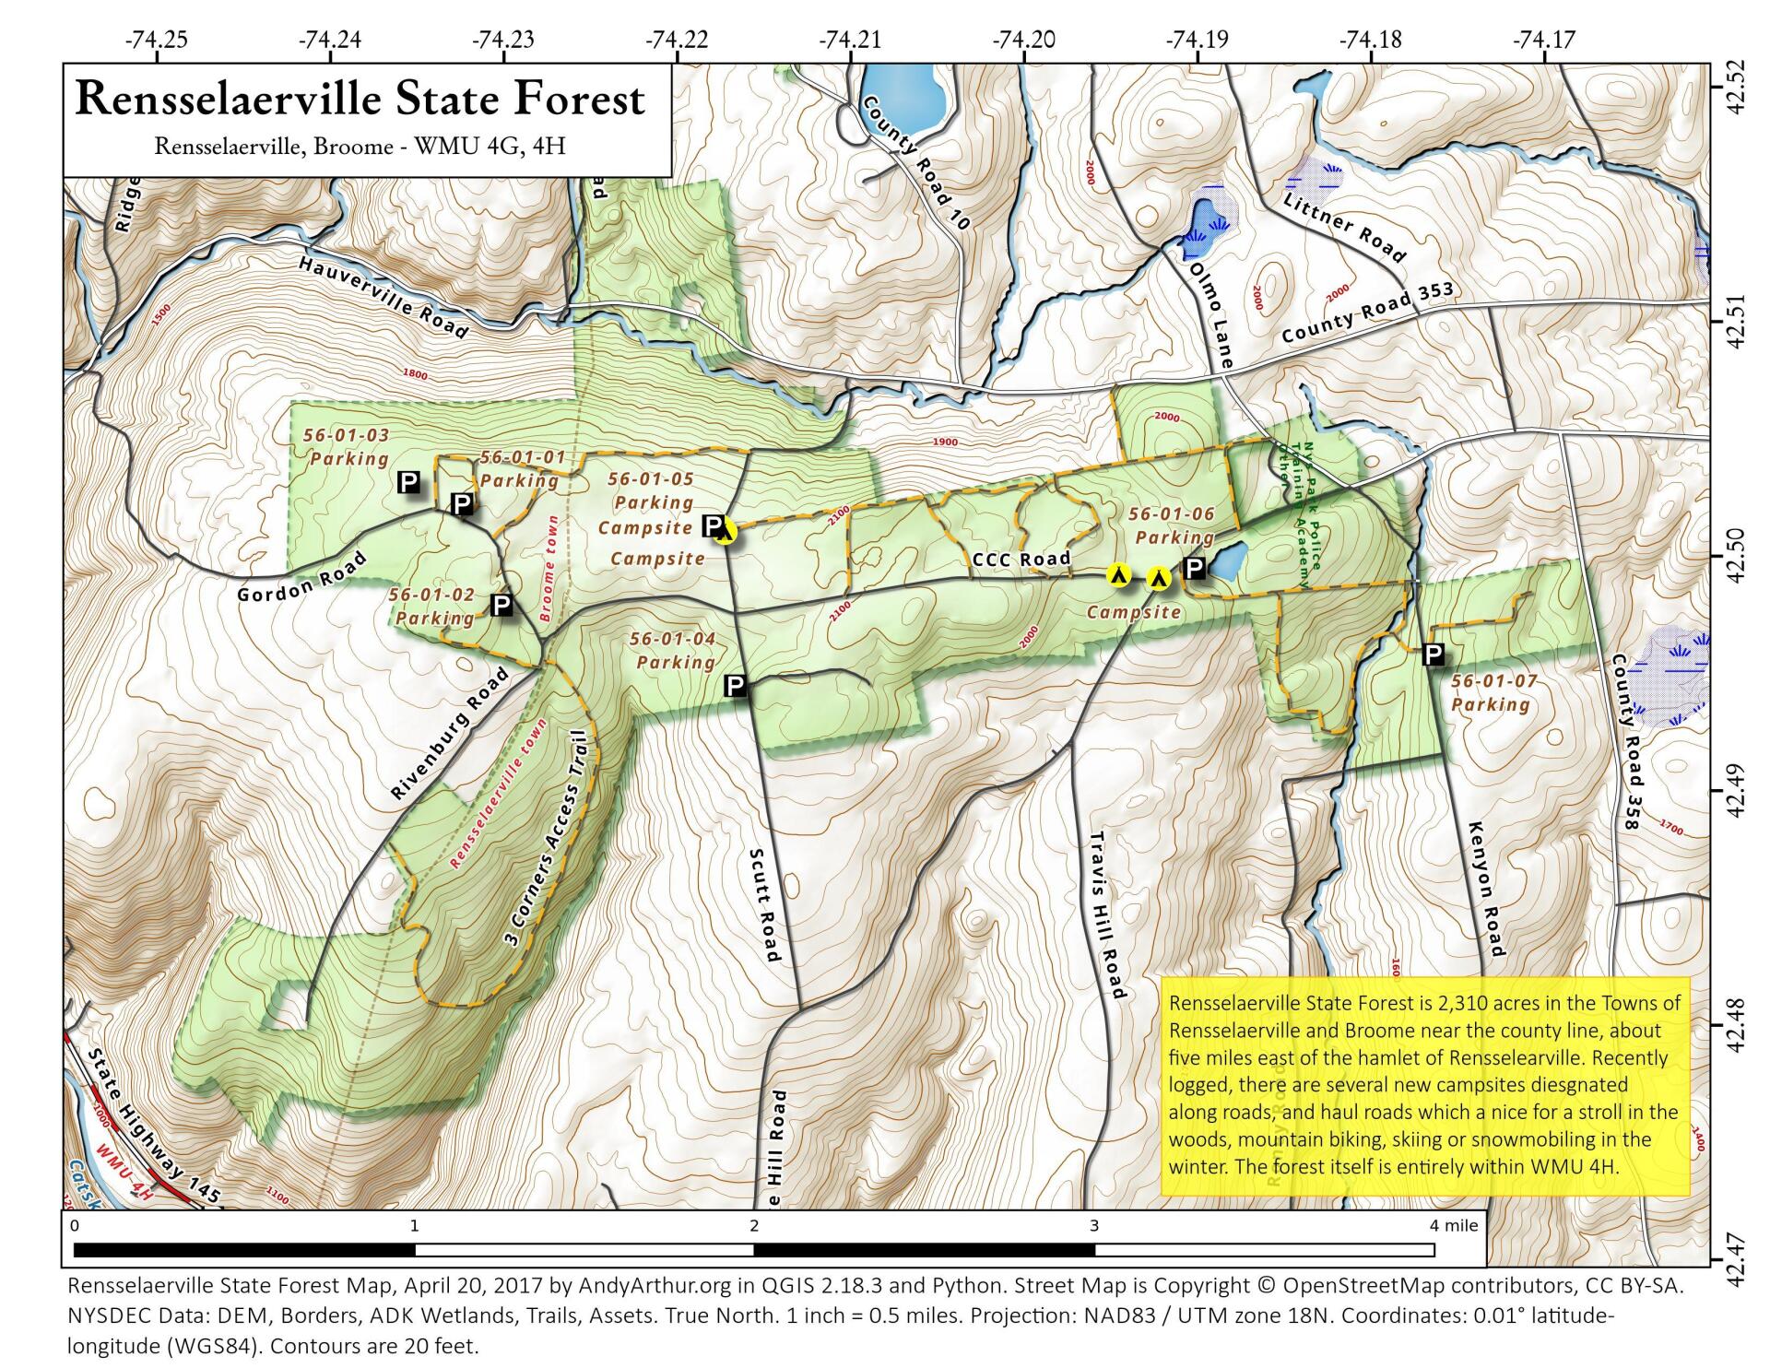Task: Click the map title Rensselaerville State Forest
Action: click(360, 100)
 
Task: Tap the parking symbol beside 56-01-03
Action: click(408, 482)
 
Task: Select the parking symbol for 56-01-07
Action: click(1433, 655)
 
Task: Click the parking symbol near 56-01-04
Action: click(735, 686)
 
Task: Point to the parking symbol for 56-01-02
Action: click(501, 606)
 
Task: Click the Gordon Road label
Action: click(301, 578)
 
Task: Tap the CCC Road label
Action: click(1021, 560)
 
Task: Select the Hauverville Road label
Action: click(383, 296)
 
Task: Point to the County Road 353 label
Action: click(1367, 313)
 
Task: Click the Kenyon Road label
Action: click(1483, 890)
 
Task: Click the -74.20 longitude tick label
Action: click(1024, 40)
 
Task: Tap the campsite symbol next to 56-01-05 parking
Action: click(726, 532)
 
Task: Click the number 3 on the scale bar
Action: click(1094, 1226)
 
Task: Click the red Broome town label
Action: click(549, 568)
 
